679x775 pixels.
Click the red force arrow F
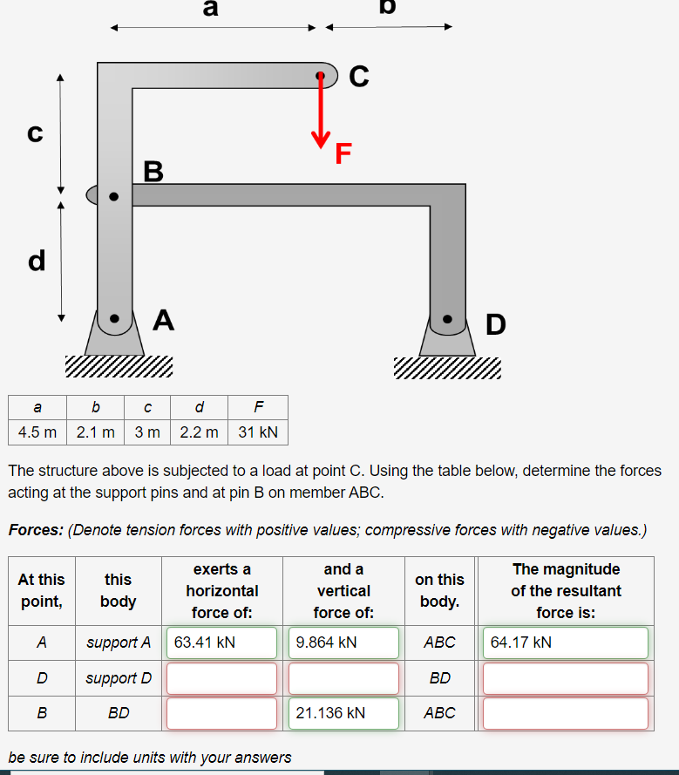point(321,109)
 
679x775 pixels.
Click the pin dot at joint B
point(113,197)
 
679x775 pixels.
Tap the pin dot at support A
point(113,319)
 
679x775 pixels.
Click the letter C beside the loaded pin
point(358,78)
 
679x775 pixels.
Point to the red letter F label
point(343,154)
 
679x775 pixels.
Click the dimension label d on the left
point(37,260)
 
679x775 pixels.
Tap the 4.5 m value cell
point(37,432)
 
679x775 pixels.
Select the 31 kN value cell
point(257,432)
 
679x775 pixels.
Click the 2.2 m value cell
point(199,432)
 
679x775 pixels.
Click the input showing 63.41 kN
point(221,643)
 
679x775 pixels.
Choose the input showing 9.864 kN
point(343,643)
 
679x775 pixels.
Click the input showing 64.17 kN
point(565,643)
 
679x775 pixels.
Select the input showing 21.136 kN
point(343,713)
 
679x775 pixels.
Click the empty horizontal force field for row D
point(221,678)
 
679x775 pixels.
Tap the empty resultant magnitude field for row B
point(565,713)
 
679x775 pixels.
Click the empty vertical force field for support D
point(343,678)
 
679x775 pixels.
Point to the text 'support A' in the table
point(119,643)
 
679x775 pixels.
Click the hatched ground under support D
point(447,369)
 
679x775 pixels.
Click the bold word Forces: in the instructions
point(35,530)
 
